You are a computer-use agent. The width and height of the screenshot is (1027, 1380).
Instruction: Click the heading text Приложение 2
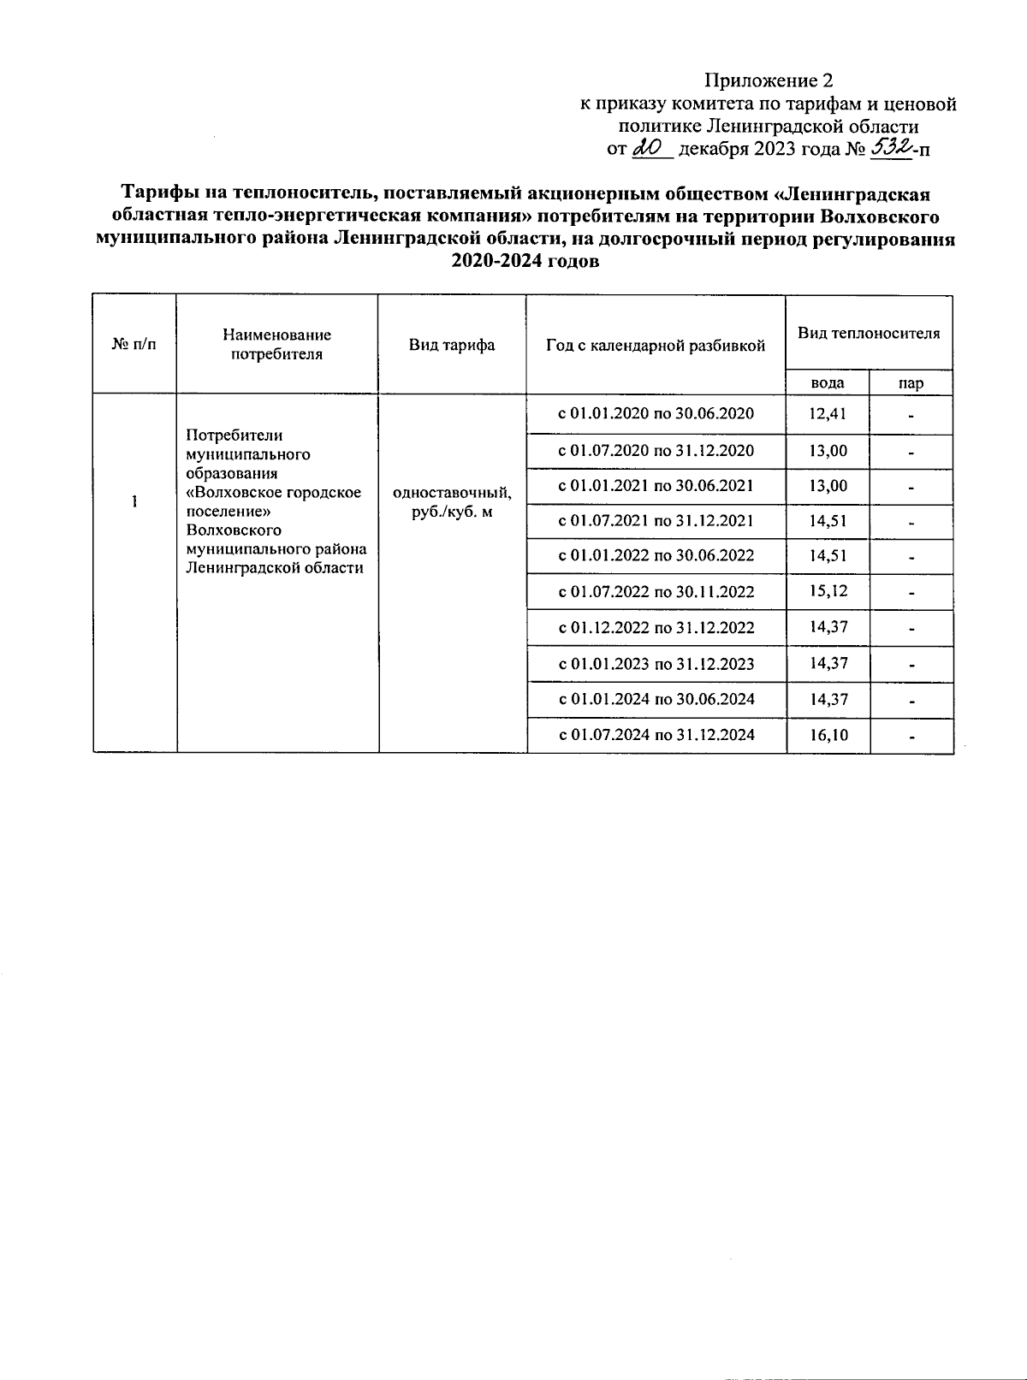coord(768,81)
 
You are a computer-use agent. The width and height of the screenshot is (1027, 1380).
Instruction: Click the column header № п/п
coord(134,344)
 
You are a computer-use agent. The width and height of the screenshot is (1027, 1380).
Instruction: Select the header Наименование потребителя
coord(276,344)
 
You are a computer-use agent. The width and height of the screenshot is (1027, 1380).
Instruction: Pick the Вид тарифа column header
coord(452,345)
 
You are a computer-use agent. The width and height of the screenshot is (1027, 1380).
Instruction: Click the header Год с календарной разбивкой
coord(656,346)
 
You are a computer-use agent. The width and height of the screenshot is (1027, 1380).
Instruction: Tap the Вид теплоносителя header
coord(869,333)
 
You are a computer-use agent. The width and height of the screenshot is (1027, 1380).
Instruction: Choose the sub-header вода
coord(828,383)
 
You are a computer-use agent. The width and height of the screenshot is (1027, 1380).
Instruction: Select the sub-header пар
coord(911,383)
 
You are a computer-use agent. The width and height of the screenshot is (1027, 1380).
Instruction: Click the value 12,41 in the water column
coord(828,414)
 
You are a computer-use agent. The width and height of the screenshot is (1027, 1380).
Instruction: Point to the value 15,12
coord(828,591)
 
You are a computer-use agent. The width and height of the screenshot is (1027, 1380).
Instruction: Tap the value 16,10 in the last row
coord(828,734)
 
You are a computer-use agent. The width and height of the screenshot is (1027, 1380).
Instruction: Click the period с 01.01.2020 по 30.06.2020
coord(656,414)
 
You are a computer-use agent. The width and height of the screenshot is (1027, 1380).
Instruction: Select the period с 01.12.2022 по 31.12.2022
coord(656,627)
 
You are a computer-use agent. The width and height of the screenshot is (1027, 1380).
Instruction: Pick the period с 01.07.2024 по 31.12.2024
coord(656,734)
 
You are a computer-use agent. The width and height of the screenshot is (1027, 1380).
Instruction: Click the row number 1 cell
coord(134,501)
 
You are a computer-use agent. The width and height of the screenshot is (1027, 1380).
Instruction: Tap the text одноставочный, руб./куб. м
coord(452,502)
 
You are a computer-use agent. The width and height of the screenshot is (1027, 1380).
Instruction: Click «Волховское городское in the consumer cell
coord(274,493)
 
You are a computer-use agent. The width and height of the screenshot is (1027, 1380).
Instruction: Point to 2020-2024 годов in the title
coord(525,263)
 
